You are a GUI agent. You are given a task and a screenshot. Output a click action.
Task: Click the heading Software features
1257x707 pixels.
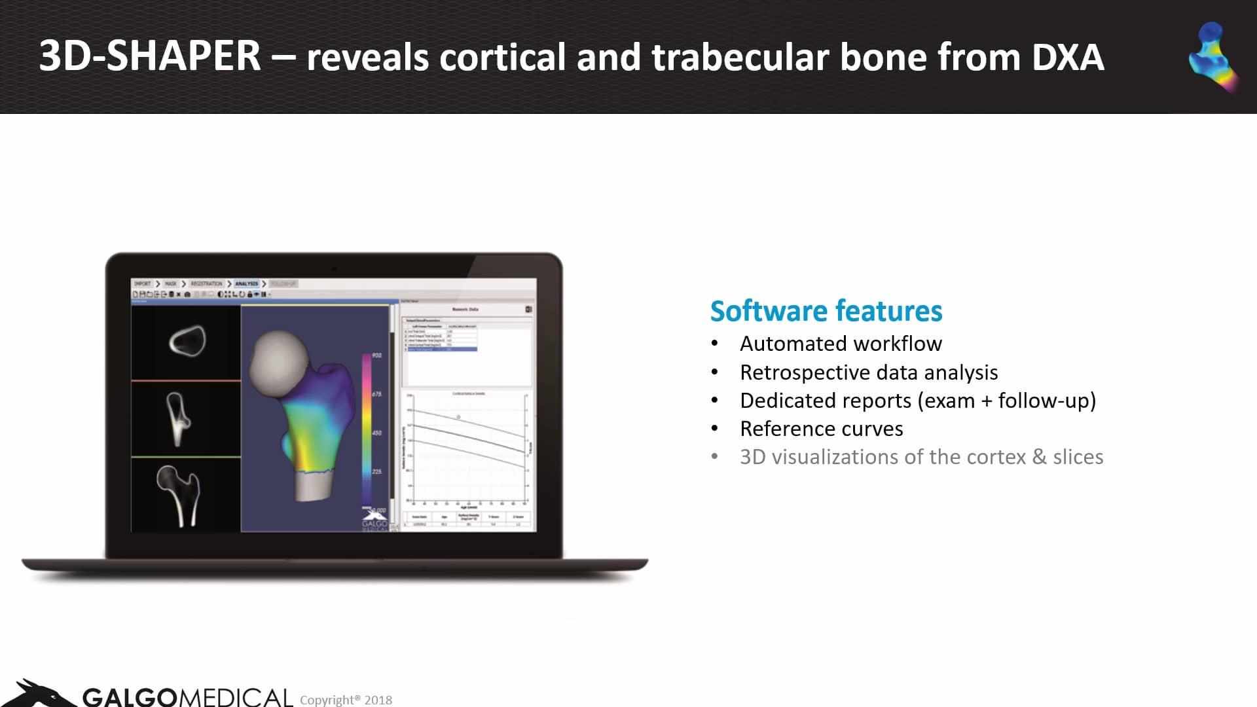(826, 311)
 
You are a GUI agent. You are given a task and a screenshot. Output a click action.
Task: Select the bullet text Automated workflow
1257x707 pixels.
(841, 344)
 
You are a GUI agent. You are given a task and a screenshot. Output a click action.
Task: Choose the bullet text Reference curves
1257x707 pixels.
(821, 429)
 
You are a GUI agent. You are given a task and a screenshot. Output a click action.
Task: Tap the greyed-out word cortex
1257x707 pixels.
(996, 457)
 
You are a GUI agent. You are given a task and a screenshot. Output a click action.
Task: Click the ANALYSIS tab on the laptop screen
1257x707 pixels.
(246, 284)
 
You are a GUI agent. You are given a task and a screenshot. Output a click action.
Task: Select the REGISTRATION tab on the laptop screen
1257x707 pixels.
(206, 284)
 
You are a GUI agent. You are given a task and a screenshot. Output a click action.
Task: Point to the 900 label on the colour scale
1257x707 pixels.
(376, 355)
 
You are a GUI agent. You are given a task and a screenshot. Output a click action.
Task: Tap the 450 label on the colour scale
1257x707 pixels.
(376, 433)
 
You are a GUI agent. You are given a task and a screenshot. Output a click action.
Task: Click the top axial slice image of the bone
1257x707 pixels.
(187, 341)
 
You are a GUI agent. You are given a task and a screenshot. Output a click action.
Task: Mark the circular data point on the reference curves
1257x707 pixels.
(458, 416)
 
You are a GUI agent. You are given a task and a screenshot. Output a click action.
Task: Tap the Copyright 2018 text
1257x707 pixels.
(346, 700)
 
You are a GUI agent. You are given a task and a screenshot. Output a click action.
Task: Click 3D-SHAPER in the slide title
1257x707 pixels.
(150, 56)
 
